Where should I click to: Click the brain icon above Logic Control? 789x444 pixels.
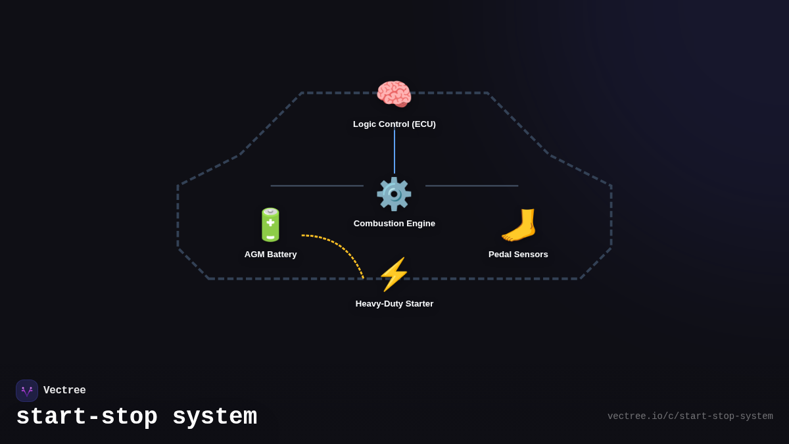click(394, 94)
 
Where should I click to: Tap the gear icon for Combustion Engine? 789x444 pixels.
click(394, 194)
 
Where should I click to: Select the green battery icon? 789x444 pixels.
click(270, 225)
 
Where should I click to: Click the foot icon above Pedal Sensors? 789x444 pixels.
click(519, 225)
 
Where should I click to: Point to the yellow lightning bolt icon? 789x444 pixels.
click(394, 274)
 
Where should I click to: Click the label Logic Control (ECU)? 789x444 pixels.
click(394, 124)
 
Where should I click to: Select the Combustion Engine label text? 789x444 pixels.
click(394, 224)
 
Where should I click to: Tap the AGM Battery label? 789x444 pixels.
click(271, 255)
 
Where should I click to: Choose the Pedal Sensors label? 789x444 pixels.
click(518, 255)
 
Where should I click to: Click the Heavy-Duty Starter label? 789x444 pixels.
click(394, 304)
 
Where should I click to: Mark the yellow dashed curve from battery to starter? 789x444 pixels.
click(343, 248)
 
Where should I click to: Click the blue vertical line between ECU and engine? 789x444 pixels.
click(394, 151)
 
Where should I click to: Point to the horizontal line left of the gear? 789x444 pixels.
click(317, 186)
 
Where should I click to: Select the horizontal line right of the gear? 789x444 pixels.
click(471, 186)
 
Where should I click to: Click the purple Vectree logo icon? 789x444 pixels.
click(27, 391)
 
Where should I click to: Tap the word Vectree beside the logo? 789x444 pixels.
click(64, 391)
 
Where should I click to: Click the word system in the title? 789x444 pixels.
click(214, 417)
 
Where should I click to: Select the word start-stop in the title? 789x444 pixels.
click(87, 417)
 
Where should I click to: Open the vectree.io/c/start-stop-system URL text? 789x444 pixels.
click(690, 416)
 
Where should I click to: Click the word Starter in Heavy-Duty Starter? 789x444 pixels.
click(416, 304)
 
